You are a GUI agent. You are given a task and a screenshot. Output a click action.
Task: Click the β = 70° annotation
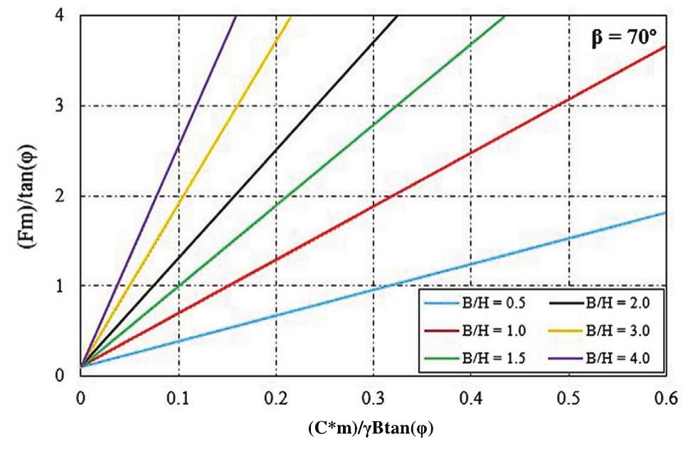point(624,37)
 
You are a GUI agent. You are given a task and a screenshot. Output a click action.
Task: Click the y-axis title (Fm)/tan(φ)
point(21,194)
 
